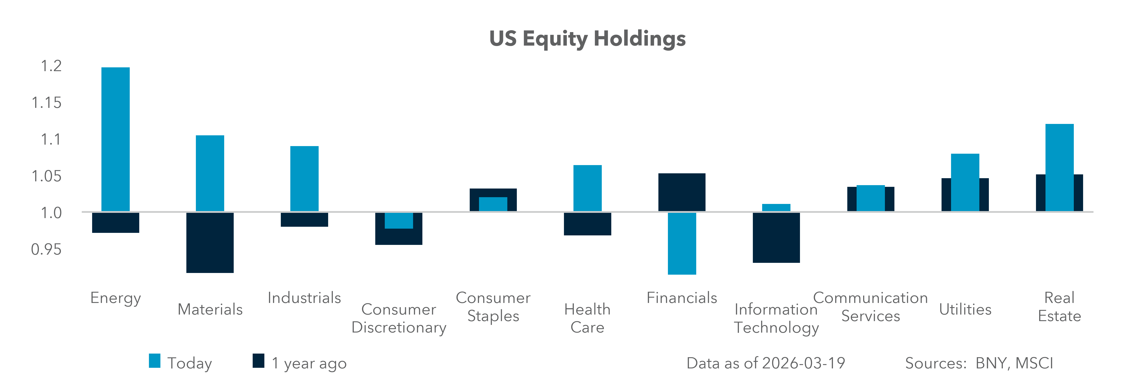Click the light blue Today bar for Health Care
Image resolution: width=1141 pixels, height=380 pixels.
click(587, 188)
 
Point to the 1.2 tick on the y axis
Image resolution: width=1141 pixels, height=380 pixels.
click(51, 66)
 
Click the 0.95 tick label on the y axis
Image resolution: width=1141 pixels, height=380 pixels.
click(46, 250)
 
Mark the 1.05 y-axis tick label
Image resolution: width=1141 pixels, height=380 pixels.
click(46, 176)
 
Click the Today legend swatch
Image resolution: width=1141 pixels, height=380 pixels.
click(155, 361)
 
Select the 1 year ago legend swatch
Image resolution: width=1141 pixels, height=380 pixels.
click(258, 361)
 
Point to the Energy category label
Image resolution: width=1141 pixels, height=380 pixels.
click(116, 298)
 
